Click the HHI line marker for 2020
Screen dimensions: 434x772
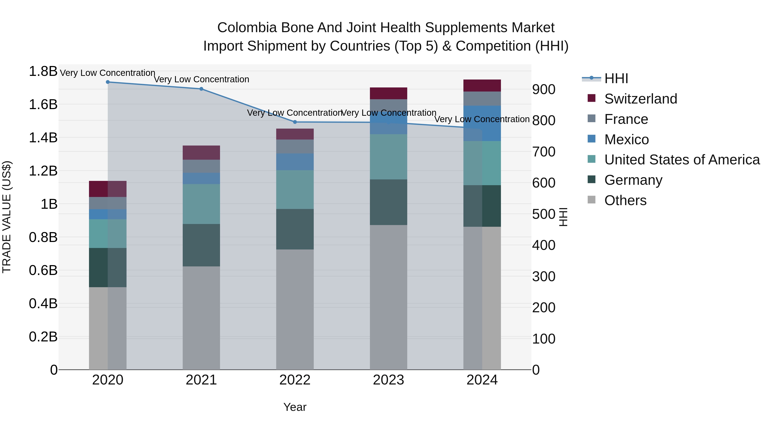[x=108, y=82]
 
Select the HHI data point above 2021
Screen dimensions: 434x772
[x=201, y=89]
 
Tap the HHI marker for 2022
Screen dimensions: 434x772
[x=295, y=122]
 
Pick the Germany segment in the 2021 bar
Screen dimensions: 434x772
[x=201, y=245]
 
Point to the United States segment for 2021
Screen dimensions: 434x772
[x=201, y=204]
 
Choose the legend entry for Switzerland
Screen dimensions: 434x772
[x=640, y=99]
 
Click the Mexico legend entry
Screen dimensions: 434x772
[x=626, y=140]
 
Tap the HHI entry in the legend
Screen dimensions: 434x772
[x=616, y=78]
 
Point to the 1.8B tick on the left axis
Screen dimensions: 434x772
[x=43, y=72]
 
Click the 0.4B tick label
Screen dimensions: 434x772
[x=43, y=304]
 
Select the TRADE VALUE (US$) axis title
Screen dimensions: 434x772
[x=7, y=217]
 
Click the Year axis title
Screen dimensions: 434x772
[x=295, y=407]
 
